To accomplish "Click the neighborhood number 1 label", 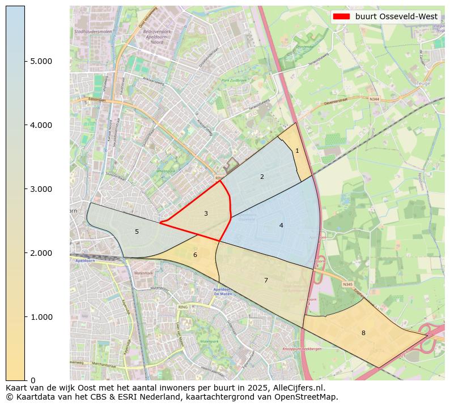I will tap(297, 151).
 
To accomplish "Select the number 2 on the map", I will tap(262, 177).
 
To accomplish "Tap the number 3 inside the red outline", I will tap(206, 213).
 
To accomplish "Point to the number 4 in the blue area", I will tap(281, 225).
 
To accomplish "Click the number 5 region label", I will tap(137, 232).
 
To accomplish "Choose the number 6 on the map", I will tap(195, 255).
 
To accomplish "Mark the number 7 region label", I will tap(266, 280).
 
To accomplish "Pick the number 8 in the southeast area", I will tap(363, 333).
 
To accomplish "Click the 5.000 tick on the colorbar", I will tap(41, 61).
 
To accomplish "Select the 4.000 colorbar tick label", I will tap(41, 125).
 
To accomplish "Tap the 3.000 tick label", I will tap(41, 189).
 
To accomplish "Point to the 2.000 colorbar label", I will tap(41, 253).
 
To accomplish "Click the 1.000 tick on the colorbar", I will tap(41, 317).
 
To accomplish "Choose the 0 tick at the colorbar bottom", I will tap(33, 380).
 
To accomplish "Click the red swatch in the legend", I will tap(342, 16).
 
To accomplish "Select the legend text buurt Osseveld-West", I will tap(397, 16).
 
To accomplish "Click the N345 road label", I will tap(347, 284).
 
